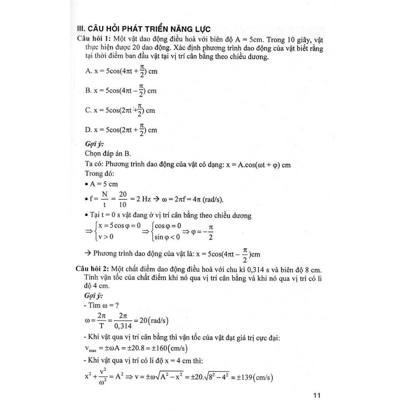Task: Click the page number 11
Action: (x=316, y=396)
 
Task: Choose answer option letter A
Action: (x=89, y=71)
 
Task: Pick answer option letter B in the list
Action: (x=89, y=91)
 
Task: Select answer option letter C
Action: (x=89, y=110)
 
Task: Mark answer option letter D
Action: (x=89, y=130)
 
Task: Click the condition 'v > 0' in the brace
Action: (x=106, y=237)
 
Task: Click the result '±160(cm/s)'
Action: (x=169, y=348)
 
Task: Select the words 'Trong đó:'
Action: (x=100, y=173)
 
